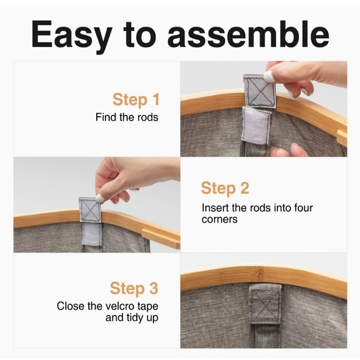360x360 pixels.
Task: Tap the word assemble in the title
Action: pyautogui.click(x=248, y=34)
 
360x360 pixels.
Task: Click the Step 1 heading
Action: pyautogui.click(x=136, y=100)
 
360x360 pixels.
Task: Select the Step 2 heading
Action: pyautogui.click(x=225, y=188)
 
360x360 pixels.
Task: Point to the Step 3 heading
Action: pyautogui.click(x=134, y=288)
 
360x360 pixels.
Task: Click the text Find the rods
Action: pyautogui.click(x=127, y=117)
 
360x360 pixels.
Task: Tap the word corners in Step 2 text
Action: pyautogui.click(x=220, y=219)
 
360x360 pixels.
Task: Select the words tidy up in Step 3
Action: pyautogui.click(x=142, y=318)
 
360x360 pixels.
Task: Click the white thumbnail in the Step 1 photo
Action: pyautogui.click(x=269, y=76)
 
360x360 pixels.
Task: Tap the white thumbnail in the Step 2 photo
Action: pyautogui.click(x=100, y=199)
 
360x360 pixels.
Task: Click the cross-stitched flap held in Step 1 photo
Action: pyautogui.click(x=259, y=91)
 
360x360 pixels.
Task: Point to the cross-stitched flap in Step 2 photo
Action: pyautogui.click(x=90, y=210)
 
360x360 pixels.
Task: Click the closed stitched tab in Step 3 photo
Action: pyautogui.click(x=265, y=304)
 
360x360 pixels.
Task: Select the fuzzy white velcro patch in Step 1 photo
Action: pyautogui.click(x=255, y=125)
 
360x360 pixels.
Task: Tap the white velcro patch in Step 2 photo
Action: pyautogui.click(x=91, y=233)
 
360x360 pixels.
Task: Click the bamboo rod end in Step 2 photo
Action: pyautogui.click(x=161, y=239)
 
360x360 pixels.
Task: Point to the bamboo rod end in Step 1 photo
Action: pyautogui.click(x=342, y=138)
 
